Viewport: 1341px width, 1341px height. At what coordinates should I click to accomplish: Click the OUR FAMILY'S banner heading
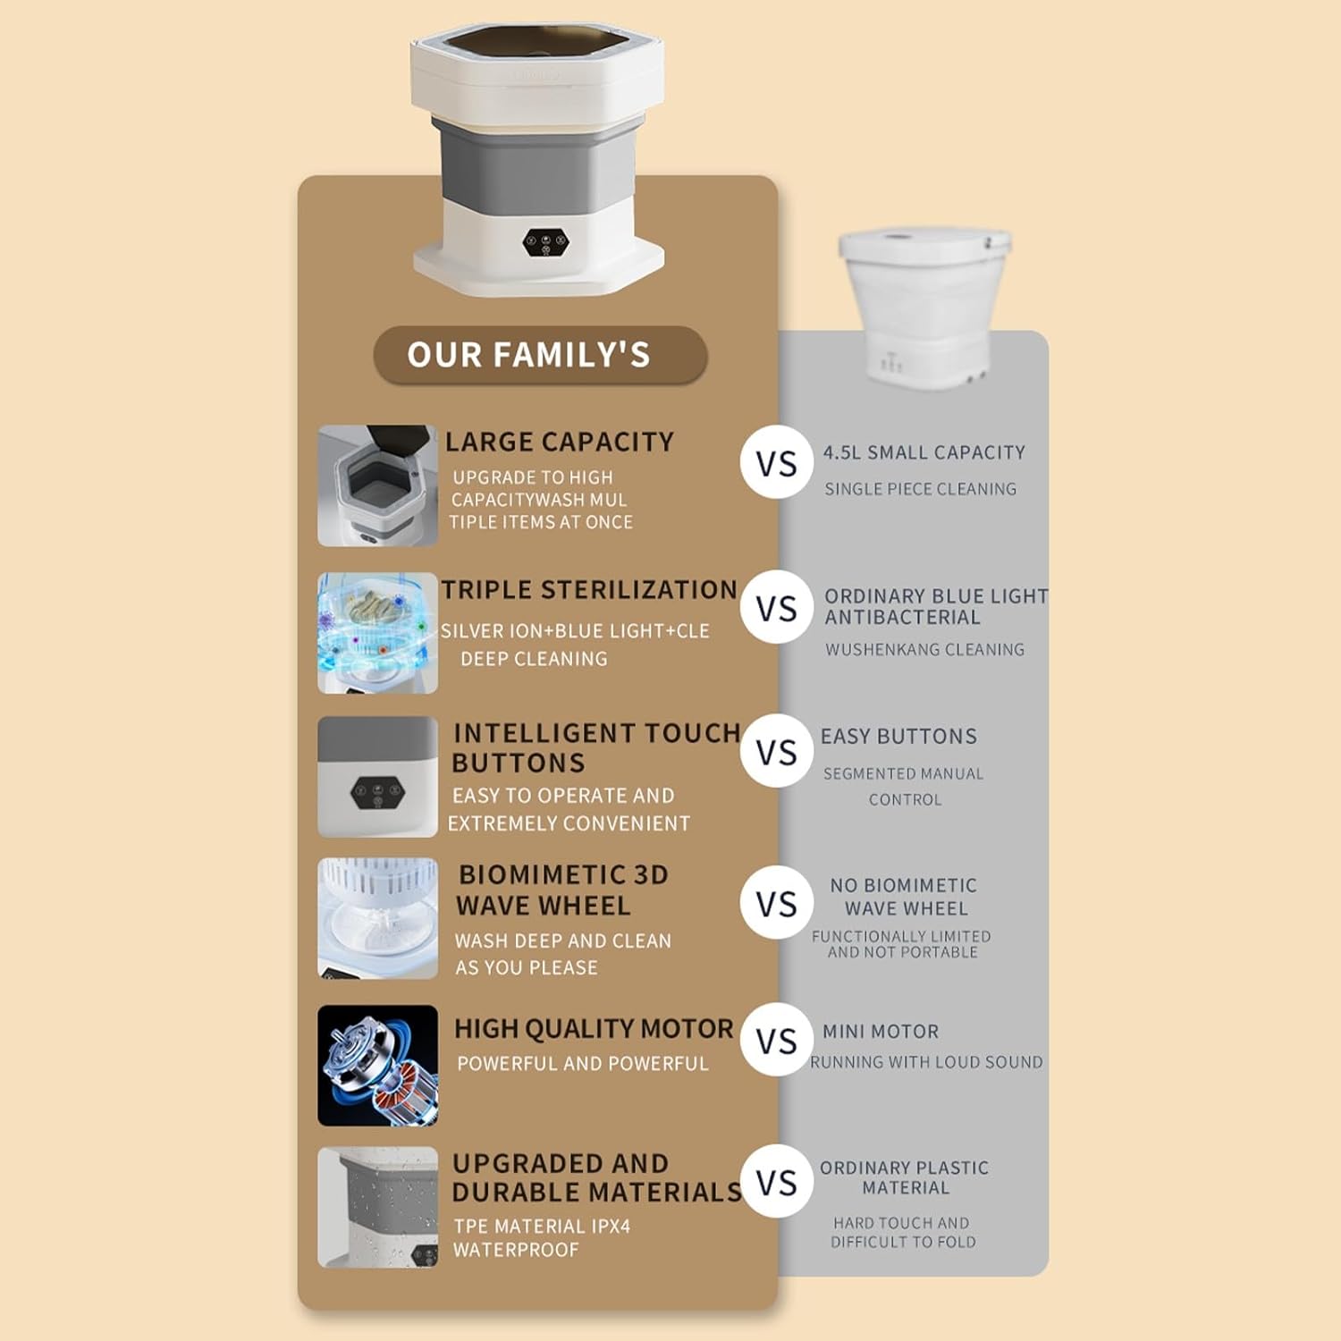point(540,355)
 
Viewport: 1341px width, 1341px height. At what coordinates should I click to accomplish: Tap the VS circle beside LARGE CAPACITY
point(776,463)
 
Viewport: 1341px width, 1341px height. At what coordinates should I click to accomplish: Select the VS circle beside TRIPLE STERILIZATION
point(776,608)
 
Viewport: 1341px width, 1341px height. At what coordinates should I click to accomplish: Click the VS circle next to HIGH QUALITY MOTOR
point(776,1040)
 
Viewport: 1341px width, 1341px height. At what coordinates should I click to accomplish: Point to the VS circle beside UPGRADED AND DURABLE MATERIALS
point(776,1182)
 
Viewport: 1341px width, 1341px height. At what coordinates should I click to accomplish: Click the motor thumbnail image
point(377,1066)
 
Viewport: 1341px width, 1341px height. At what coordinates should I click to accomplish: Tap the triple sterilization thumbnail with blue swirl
point(377,633)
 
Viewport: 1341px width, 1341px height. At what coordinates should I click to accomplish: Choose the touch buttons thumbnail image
point(377,777)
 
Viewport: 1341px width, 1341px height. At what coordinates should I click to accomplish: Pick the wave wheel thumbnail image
point(377,918)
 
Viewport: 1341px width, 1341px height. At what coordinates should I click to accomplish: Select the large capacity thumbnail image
point(377,485)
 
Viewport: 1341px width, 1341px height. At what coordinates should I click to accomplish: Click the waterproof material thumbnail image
point(377,1207)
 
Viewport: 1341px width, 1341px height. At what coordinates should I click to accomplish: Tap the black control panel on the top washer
point(545,242)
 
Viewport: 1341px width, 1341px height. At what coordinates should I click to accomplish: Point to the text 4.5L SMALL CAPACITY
point(924,452)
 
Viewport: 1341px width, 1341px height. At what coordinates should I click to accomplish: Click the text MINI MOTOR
point(881,1032)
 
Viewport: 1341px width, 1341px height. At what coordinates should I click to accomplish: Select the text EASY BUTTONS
point(899,737)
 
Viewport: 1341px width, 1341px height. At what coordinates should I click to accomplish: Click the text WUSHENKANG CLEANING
point(925,650)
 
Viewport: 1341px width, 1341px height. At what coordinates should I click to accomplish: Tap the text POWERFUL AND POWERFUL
point(583,1064)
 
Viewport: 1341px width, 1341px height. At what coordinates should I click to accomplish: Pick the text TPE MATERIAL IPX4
point(542,1227)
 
